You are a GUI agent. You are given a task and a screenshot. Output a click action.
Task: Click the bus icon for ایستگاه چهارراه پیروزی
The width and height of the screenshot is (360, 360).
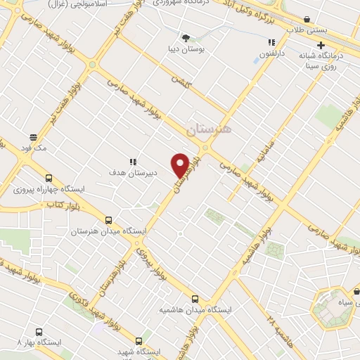pos(49,178)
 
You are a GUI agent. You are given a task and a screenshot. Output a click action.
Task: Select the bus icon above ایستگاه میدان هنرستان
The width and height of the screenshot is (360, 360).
pos(108,219)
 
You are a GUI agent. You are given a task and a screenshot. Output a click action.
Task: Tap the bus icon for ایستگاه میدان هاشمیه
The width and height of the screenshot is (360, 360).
pos(195,298)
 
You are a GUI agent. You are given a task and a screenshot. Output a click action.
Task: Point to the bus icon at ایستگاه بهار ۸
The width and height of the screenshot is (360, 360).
pos(39,330)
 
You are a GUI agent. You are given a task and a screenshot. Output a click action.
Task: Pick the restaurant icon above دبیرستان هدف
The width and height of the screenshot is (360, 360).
pos(131,160)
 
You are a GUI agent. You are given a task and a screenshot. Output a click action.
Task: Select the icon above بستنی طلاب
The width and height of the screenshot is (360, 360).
pos(307,20)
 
